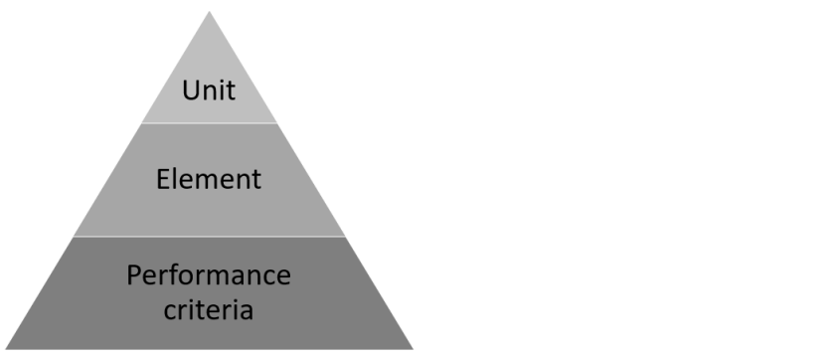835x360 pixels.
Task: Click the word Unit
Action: [209, 90]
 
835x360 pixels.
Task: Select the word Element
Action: [209, 179]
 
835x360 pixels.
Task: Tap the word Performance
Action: [209, 274]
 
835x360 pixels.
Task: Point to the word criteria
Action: [209, 309]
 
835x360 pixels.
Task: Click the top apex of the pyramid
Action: [209, 12]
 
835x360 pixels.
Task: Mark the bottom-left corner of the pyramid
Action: [7, 348]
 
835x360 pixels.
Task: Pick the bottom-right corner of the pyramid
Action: [412, 348]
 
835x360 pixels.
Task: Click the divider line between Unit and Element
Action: [209, 123]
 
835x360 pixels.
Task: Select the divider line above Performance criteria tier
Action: [209, 237]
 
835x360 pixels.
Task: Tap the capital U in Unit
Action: [190, 90]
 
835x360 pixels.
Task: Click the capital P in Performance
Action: [134, 274]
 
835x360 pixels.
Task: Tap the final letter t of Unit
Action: [231, 90]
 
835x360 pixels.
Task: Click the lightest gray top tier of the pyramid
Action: [209, 60]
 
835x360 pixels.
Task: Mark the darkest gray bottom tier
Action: [80, 318]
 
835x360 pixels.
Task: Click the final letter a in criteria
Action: [246, 310]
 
